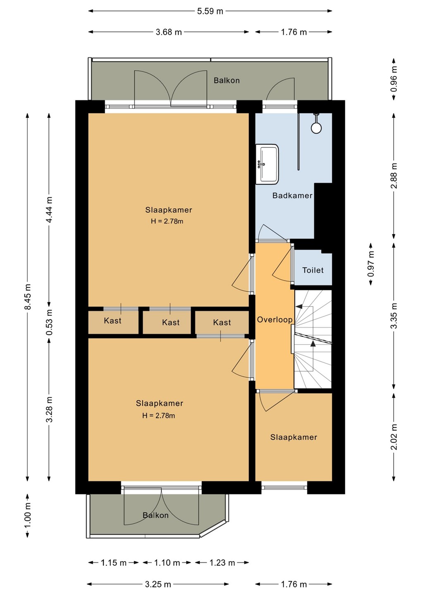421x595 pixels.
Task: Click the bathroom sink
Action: point(267,164)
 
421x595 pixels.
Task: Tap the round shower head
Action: point(316,128)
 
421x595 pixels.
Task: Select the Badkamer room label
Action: point(292,195)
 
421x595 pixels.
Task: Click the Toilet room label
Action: point(313,270)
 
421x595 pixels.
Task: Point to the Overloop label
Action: point(275,320)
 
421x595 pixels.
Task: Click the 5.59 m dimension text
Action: point(210,11)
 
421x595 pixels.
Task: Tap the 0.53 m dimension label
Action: point(50,322)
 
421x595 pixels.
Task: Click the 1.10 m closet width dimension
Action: point(167,563)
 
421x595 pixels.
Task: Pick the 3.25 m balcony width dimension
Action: point(158,584)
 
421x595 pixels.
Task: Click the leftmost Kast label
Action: point(112,321)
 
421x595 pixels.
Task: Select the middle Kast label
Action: point(171,322)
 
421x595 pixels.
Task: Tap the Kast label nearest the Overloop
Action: point(222,322)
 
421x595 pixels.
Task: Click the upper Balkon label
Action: point(227,81)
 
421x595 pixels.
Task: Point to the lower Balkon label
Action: point(155,515)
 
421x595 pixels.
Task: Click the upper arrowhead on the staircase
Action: point(299,306)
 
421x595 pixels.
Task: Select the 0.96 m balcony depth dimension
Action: point(394,79)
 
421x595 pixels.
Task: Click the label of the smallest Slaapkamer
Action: point(294,437)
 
